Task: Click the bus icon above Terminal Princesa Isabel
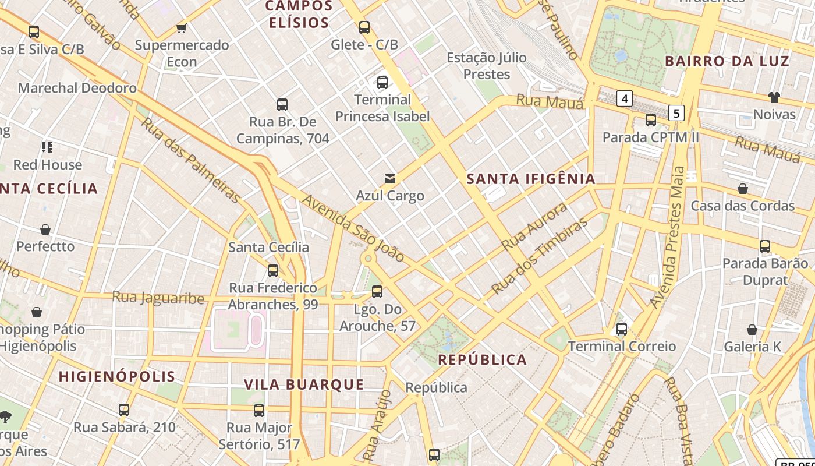(382, 83)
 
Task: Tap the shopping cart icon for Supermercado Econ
(182, 28)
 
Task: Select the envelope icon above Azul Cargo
(389, 179)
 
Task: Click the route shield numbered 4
(625, 98)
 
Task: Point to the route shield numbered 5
(676, 112)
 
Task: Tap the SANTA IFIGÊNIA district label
(531, 179)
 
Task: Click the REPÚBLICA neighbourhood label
(483, 359)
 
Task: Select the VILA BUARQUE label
(304, 384)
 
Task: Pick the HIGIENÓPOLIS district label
(117, 376)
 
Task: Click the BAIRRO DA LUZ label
(727, 61)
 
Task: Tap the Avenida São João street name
(353, 228)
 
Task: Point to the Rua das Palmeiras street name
(190, 160)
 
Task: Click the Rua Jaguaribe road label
(158, 298)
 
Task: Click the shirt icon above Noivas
(774, 97)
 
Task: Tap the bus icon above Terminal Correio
(622, 329)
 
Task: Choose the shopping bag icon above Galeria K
(752, 330)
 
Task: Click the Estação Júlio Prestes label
(486, 66)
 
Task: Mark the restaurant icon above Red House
(47, 147)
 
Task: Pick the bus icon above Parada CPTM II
(650, 121)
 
